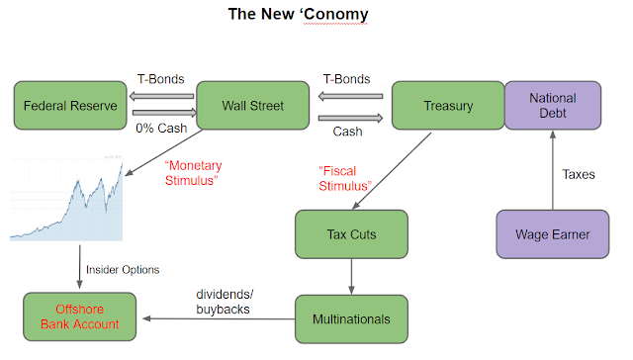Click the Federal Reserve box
point(70,106)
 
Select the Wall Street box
point(253,106)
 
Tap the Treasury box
point(448,106)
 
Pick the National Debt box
point(553,106)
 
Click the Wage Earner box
point(553,234)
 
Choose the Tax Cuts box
point(351,234)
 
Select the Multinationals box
point(351,319)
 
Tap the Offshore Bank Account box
point(79,316)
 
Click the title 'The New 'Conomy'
point(298,14)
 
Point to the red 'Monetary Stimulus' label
point(193,173)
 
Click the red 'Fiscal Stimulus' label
point(345,178)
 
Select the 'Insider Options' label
point(123,270)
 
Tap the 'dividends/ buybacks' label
point(225,302)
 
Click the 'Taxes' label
point(579,174)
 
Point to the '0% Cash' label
point(161,129)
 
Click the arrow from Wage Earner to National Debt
point(553,170)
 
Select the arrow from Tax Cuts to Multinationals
point(351,277)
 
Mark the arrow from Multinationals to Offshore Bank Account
point(219,318)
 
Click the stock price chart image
point(66,198)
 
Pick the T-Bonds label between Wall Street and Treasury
point(346,79)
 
